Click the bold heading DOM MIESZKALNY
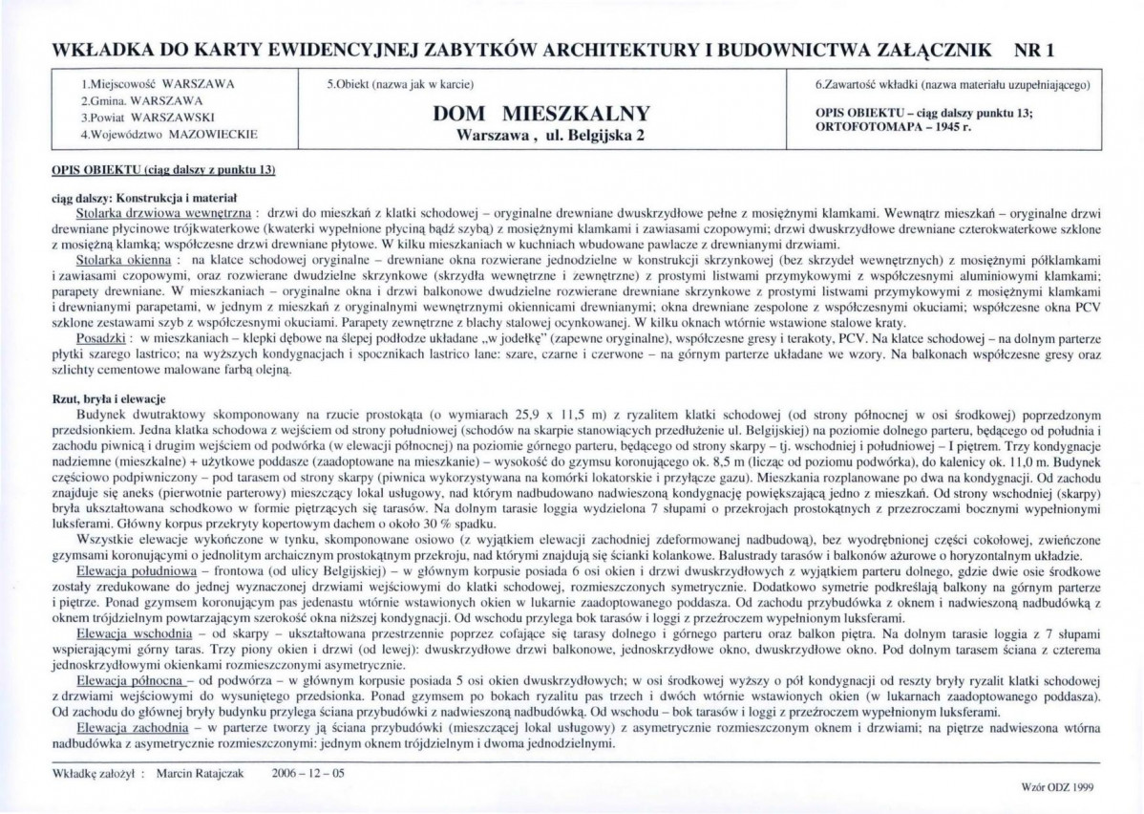(541, 113)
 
